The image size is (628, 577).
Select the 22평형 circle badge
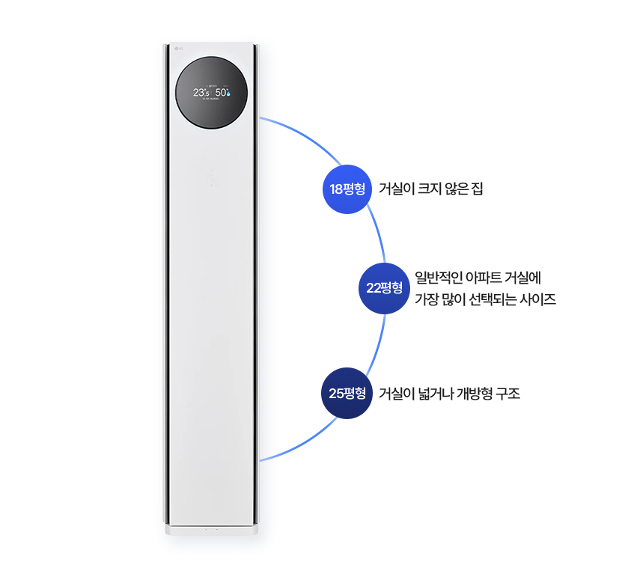click(384, 287)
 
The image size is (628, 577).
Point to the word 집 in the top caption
click(477, 189)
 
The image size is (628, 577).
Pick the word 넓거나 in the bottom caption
click(436, 393)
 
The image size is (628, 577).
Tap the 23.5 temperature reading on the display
click(201, 93)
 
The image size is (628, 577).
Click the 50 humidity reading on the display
click(222, 93)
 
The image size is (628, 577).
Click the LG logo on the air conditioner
click(177, 50)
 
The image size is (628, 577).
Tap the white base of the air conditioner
click(213, 530)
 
